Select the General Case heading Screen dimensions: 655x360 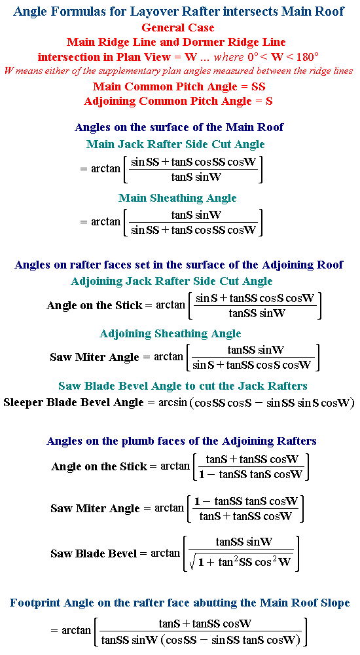(178, 28)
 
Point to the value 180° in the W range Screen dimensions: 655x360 (305, 57)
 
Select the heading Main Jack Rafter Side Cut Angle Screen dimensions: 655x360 (175, 144)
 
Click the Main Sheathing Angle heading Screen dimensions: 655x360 (177, 198)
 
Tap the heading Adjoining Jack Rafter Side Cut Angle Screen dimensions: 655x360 (171, 281)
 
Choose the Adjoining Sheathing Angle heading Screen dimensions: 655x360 (170, 334)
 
